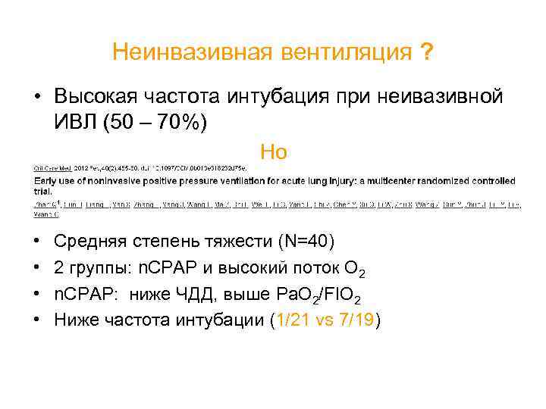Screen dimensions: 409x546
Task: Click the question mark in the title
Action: (x=428, y=52)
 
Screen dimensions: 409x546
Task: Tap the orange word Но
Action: (x=273, y=151)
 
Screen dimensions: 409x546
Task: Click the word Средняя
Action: (x=94, y=242)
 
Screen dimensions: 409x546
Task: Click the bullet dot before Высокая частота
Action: (x=37, y=97)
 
